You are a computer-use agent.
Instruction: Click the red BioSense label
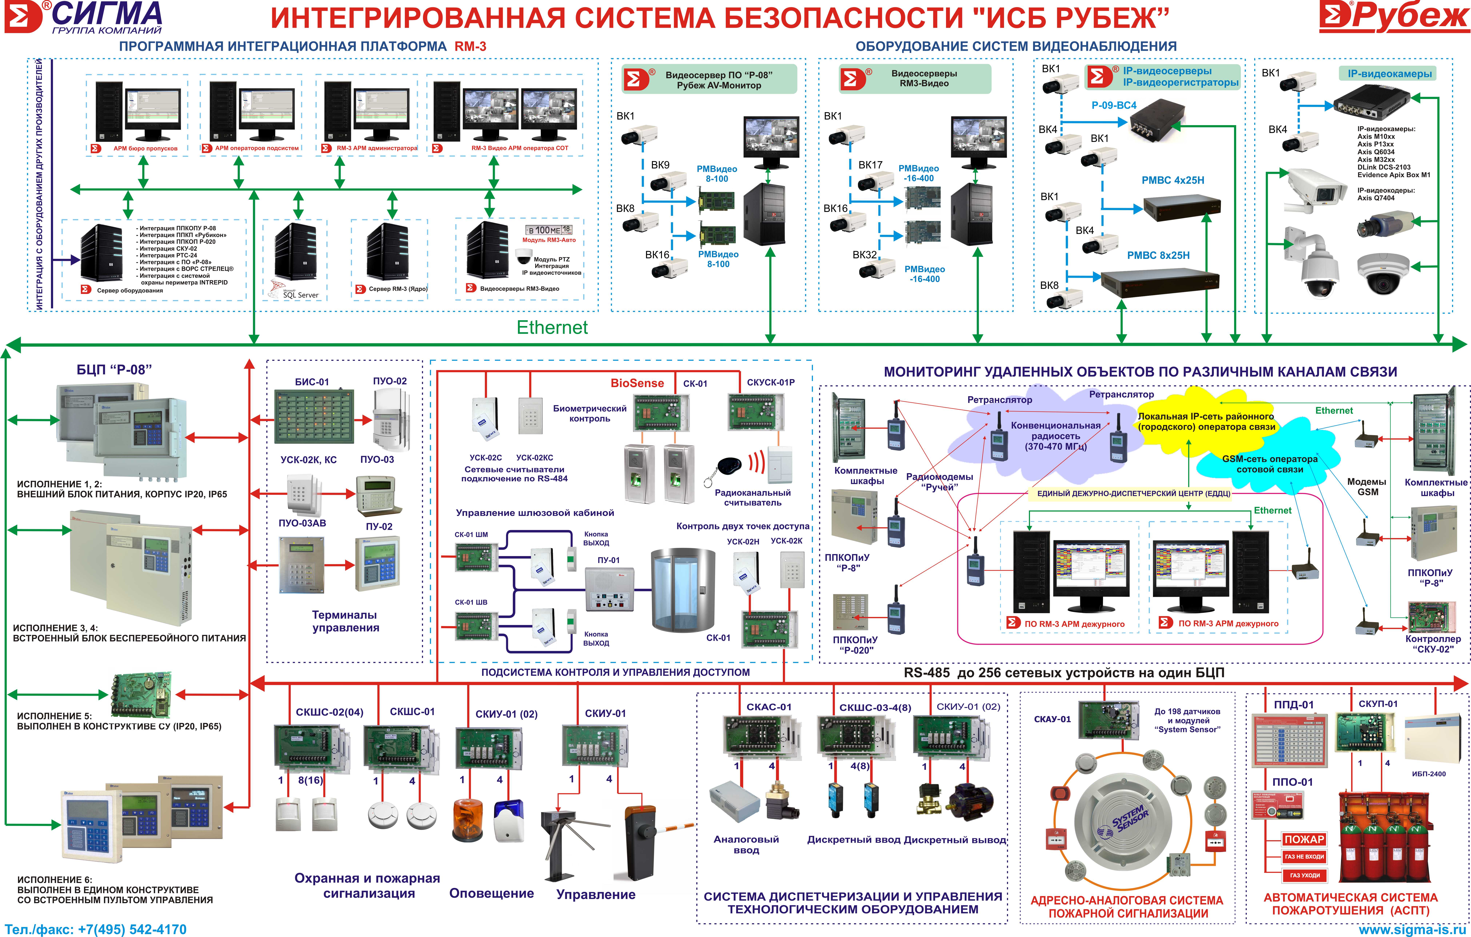pos(637,383)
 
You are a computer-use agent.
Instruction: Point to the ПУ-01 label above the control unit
pos(608,560)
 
